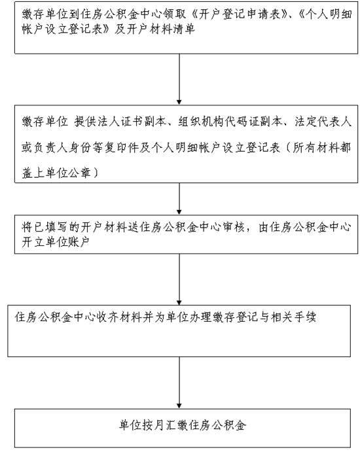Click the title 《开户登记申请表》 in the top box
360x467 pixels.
238,14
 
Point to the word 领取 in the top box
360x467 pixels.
179,14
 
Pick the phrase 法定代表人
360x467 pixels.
323,122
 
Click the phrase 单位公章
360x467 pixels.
68,173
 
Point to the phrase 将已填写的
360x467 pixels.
50,228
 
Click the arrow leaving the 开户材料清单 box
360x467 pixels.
179,79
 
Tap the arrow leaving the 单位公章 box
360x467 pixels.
179,199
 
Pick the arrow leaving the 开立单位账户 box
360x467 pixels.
179,279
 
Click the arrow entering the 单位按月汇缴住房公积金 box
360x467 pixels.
179,383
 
